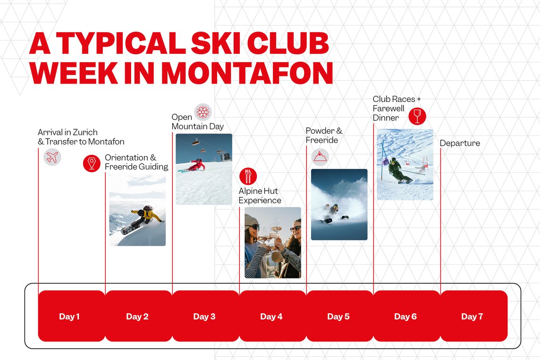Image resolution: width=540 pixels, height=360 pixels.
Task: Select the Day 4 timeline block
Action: pyautogui.click(x=272, y=316)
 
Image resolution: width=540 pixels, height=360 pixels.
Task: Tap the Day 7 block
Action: pyautogui.click(x=474, y=316)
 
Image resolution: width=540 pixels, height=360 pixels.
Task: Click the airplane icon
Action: pyautogui.click(x=52, y=157)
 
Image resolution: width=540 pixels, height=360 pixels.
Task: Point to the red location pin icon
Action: pyautogui.click(x=92, y=163)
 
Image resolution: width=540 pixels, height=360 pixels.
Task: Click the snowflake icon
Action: pyautogui.click(x=203, y=112)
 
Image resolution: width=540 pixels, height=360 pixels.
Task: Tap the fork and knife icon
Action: pyautogui.click(x=248, y=176)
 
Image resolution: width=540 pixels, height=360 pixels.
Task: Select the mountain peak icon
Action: pyautogui.click(x=320, y=157)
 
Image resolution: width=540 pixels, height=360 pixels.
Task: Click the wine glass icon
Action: pyautogui.click(x=417, y=116)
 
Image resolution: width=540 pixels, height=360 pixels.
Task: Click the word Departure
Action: pyautogui.click(x=460, y=143)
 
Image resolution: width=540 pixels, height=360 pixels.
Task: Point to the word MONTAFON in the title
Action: pyautogui.click(x=247, y=73)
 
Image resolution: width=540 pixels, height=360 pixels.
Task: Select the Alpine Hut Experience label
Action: pyautogui.click(x=260, y=196)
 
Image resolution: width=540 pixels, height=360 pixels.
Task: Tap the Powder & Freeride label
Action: pyautogui.click(x=324, y=135)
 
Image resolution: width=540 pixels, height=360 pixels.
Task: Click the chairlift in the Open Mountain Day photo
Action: pyautogui.click(x=195, y=142)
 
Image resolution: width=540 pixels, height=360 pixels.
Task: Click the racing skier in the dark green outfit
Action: pyautogui.click(x=398, y=170)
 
